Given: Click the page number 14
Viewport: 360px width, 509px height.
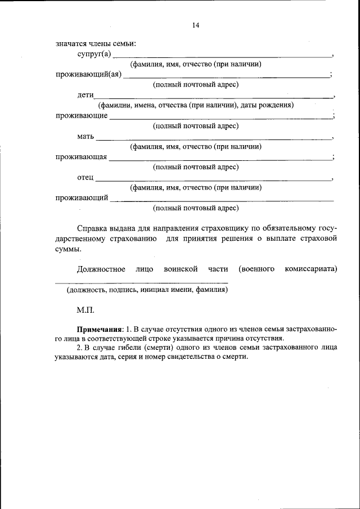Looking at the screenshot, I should pos(196,25).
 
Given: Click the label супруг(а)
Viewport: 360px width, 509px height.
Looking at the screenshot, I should pos(94,54).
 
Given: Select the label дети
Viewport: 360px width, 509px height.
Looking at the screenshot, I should pos(85,95).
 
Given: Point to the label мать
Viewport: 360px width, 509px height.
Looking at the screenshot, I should pos(85,136).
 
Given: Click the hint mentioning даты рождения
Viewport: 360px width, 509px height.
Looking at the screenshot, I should pos(196,105).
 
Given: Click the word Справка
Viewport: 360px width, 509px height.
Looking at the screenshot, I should pos(92,228).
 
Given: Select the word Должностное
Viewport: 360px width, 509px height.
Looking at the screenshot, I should pos(101,269).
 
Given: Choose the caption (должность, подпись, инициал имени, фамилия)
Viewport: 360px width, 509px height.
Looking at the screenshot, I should pos(147,290).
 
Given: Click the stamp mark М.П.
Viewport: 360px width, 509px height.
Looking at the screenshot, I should pos(86,310).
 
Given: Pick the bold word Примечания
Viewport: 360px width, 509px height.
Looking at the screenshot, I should pos(100,328).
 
